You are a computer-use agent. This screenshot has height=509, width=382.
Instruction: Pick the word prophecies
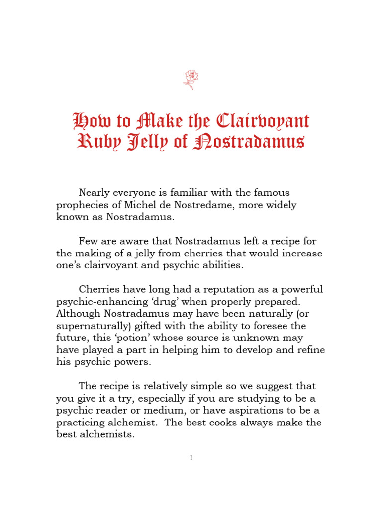click(79, 205)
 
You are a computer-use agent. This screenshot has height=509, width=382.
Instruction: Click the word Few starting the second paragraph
click(89, 241)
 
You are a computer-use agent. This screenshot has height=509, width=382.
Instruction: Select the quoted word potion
click(129, 338)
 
